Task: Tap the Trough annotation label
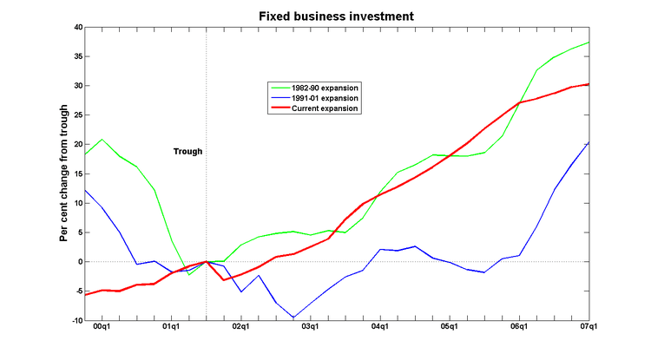tap(187, 151)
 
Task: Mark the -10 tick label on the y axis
tap(73, 320)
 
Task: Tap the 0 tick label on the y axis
tap(77, 262)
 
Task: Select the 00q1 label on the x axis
tap(102, 328)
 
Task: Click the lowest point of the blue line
tap(293, 317)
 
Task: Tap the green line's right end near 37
tap(589, 43)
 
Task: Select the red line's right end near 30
tap(589, 84)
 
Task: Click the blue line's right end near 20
tap(589, 142)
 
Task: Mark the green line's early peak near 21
tap(102, 140)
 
